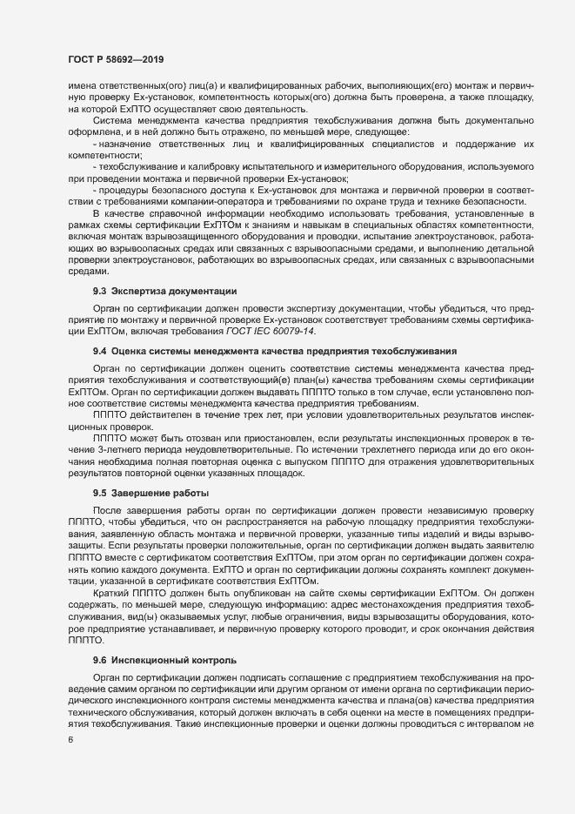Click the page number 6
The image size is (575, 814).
click(x=70, y=741)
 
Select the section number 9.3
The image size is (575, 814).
click(x=99, y=289)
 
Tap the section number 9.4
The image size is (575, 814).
click(x=99, y=351)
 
